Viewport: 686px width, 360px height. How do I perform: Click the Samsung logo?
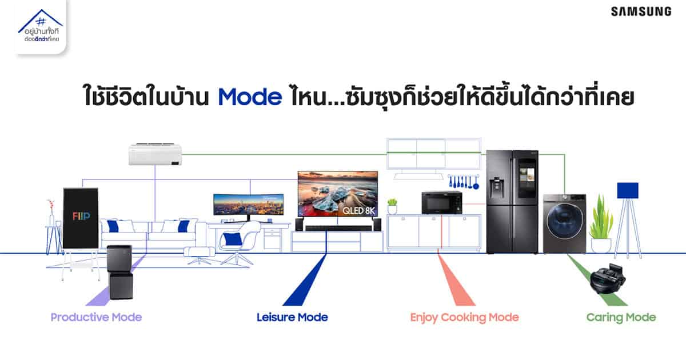click(x=641, y=12)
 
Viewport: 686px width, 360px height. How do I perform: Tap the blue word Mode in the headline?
click(x=250, y=97)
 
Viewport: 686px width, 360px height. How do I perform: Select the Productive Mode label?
click(x=96, y=317)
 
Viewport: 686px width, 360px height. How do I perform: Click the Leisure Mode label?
click(x=292, y=317)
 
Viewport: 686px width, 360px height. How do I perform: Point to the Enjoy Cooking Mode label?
click(x=465, y=318)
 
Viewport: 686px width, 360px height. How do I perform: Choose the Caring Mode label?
click(x=621, y=318)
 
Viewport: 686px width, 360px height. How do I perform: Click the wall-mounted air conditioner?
click(x=155, y=154)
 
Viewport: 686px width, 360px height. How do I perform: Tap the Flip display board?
click(x=81, y=218)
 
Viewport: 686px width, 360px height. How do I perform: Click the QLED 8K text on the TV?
click(x=358, y=211)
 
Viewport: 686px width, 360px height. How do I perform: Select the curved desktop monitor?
click(x=248, y=205)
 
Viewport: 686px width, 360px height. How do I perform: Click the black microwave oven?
click(x=441, y=203)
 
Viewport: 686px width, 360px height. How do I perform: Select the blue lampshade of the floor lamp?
click(x=628, y=190)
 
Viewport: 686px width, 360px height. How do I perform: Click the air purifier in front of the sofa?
click(x=121, y=272)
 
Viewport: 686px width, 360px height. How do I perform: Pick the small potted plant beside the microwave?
click(x=392, y=206)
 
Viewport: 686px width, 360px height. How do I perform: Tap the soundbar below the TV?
click(x=338, y=228)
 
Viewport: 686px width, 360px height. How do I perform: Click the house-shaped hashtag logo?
click(x=41, y=27)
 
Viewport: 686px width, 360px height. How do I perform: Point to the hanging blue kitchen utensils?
click(x=464, y=182)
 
